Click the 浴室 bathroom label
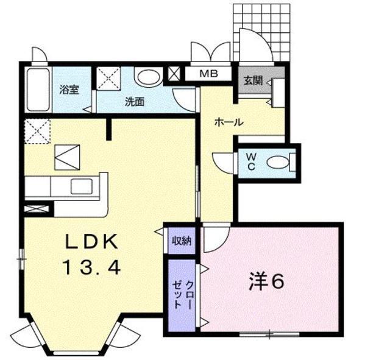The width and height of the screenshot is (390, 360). coord(69,90)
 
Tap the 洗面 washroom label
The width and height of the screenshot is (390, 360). coord(134,102)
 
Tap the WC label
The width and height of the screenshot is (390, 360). coord(250,161)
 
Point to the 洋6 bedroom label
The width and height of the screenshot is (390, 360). coord(266,282)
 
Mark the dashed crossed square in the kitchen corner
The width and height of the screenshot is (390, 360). coord(36,130)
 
